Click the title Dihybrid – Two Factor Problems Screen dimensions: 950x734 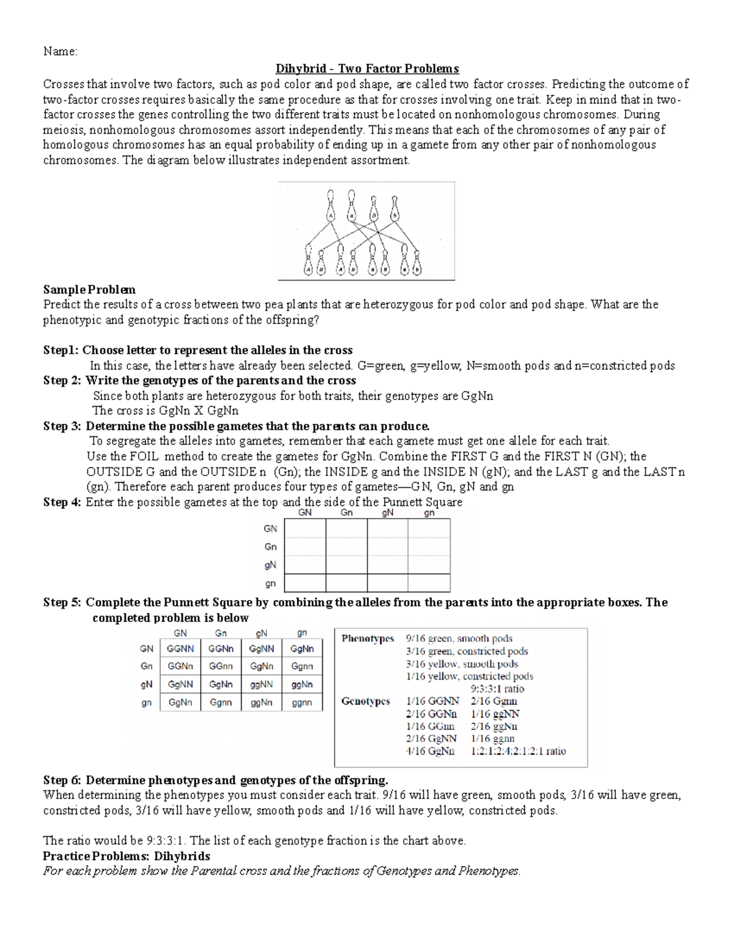pyautogui.click(x=367, y=69)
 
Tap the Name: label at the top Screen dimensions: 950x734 pyautogui.click(x=60, y=51)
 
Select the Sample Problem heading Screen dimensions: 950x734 pyautogui.click(x=89, y=289)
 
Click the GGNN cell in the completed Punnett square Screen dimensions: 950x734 pyautogui.click(x=180, y=648)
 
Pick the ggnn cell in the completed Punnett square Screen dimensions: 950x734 pyautogui.click(x=302, y=702)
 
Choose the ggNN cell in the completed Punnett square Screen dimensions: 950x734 pyautogui.click(x=261, y=685)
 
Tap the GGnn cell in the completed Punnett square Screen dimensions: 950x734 pyautogui.click(x=221, y=666)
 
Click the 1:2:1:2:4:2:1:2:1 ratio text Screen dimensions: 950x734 pyautogui.click(x=518, y=751)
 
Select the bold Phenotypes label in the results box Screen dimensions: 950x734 pyautogui.click(x=368, y=639)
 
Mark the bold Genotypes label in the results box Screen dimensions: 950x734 pyautogui.click(x=365, y=701)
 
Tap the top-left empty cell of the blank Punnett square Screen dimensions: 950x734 pyautogui.click(x=305, y=529)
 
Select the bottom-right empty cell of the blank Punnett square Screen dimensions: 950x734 pyautogui.click(x=429, y=583)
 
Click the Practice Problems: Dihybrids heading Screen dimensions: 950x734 pyautogui.click(x=127, y=856)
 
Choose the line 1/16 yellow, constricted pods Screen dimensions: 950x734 pyautogui.click(x=469, y=677)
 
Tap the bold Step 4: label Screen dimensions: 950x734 pyautogui.click(x=62, y=502)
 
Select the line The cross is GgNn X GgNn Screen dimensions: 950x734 pyautogui.click(x=165, y=411)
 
